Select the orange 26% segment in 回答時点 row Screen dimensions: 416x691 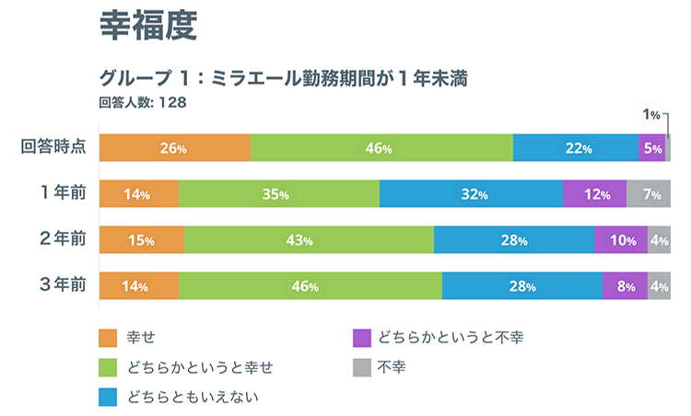(x=174, y=148)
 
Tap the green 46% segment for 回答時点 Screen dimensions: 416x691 (x=381, y=148)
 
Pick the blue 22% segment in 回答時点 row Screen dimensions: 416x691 (x=576, y=148)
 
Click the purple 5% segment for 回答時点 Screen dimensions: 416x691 (x=652, y=148)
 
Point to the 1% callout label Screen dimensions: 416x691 (x=651, y=115)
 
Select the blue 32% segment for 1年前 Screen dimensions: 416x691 (x=471, y=194)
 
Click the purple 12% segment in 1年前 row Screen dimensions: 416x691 (x=595, y=194)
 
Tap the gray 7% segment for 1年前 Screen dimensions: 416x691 (x=649, y=194)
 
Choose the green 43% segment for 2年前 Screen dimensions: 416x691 (x=309, y=240)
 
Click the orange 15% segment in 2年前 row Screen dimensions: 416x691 (x=141, y=240)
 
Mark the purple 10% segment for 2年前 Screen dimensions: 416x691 (x=621, y=240)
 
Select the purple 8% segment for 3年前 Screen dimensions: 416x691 (x=625, y=286)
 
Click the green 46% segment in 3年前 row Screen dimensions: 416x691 (x=310, y=286)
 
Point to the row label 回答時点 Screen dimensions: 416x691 (x=53, y=147)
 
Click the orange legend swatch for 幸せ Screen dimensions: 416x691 (x=109, y=338)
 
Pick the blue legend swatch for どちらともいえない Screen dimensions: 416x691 (x=109, y=397)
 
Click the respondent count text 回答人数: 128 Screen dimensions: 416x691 (x=143, y=103)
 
